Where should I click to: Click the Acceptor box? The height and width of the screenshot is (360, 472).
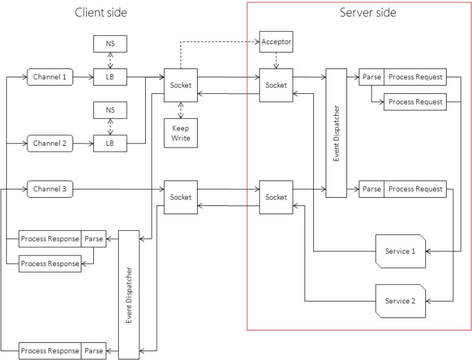pyautogui.click(x=276, y=42)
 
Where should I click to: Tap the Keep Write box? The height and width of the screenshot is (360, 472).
pyautogui.click(x=181, y=133)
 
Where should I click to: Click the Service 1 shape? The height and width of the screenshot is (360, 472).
pyautogui.click(x=401, y=251)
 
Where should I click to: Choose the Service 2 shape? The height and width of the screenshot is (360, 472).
pyautogui.click(x=401, y=301)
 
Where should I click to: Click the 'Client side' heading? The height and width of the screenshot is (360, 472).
pyautogui.click(x=100, y=12)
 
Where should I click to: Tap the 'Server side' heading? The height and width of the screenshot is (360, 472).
pyautogui.click(x=368, y=12)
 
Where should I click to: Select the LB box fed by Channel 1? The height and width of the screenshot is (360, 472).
pyautogui.click(x=110, y=77)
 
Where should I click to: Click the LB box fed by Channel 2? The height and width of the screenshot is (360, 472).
pyautogui.click(x=110, y=143)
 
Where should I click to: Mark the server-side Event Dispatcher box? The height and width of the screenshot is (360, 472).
pyautogui.click(x=336, y=133)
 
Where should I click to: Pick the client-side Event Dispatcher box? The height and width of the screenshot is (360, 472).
pyautogui.click(x=129, y=294)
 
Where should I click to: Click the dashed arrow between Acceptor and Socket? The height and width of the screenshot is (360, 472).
pyautogui.click(x=276, y=60)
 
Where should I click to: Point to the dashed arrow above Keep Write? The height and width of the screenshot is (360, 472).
pyautogui.click(x=181, y=109)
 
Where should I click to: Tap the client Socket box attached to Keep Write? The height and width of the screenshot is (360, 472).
pyautogui.click(x=181, y=85)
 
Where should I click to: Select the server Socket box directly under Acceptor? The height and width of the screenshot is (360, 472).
pyautogui.click(x=276, y=85)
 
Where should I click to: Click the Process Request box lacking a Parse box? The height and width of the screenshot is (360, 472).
pyautogui.click(x=415, y=102)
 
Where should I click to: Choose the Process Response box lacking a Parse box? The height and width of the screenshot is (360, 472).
pyautogui.click(x=50, y=264)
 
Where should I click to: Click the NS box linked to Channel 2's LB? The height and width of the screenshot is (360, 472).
pyautogui.click(x=110, y=110)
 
